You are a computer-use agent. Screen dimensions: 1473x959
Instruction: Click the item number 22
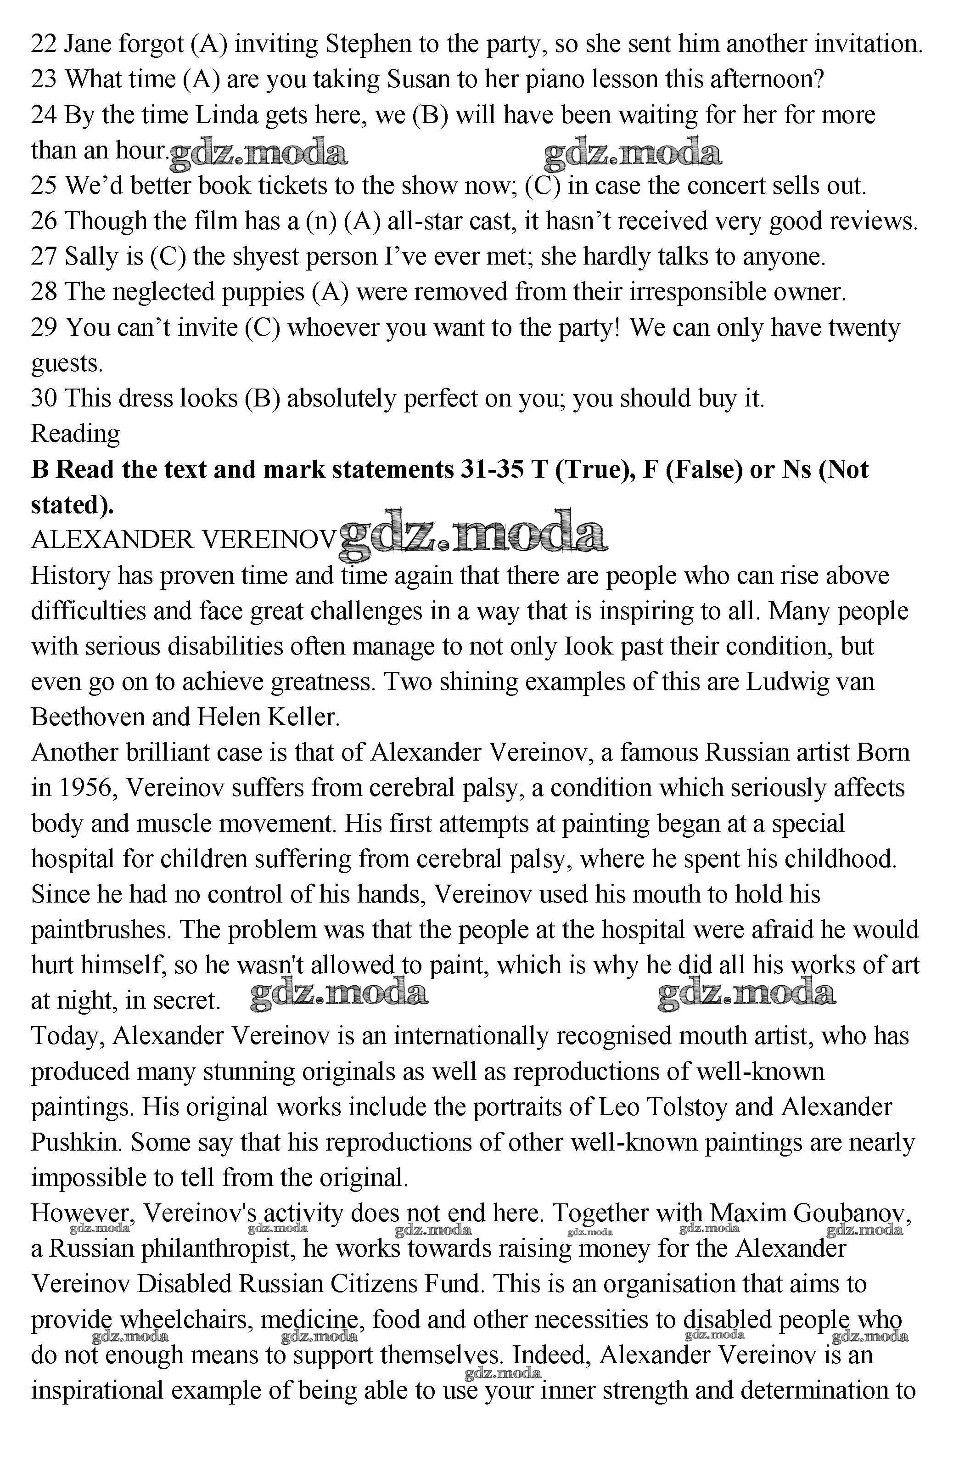[x=43, y=45]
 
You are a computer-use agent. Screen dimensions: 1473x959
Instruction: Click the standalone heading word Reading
[x=75, y=435]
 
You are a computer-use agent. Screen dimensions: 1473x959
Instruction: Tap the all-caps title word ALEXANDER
[x=112, y=540]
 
